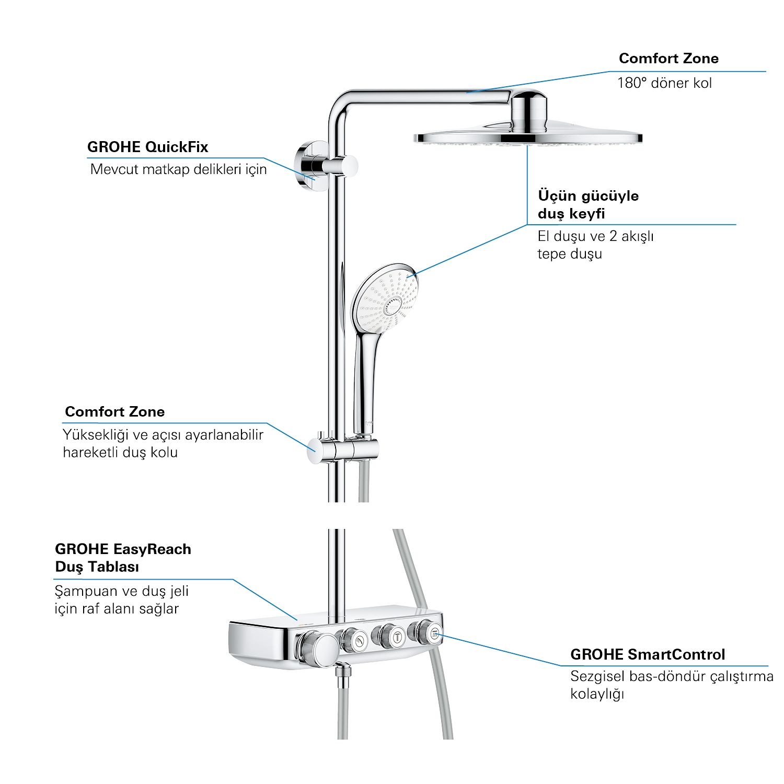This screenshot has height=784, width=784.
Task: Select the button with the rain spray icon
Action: pos(435,634)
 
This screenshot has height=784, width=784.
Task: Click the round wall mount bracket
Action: pos(308,166)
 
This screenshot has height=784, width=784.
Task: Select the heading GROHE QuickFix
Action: pos(147,147)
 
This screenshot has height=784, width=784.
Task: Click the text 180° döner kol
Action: pos(664,83)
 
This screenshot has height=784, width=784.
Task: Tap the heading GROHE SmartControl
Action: pos(648,654)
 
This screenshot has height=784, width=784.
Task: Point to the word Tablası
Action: pos(113,567)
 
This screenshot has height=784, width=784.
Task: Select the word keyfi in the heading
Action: pos(586,214)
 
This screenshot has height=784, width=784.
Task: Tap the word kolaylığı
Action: pos(597,695)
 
